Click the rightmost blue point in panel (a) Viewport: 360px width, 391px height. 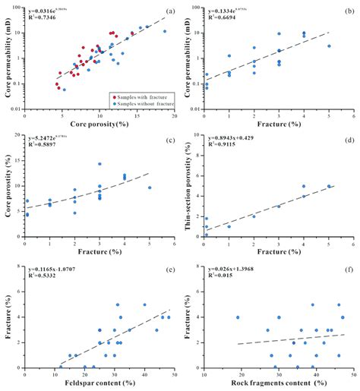tap(164, 31)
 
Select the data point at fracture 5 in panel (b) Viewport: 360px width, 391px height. tap(329, 46)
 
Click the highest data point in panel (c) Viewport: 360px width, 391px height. tap(99, 164)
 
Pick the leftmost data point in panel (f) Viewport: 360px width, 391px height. tap(238, 317)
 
